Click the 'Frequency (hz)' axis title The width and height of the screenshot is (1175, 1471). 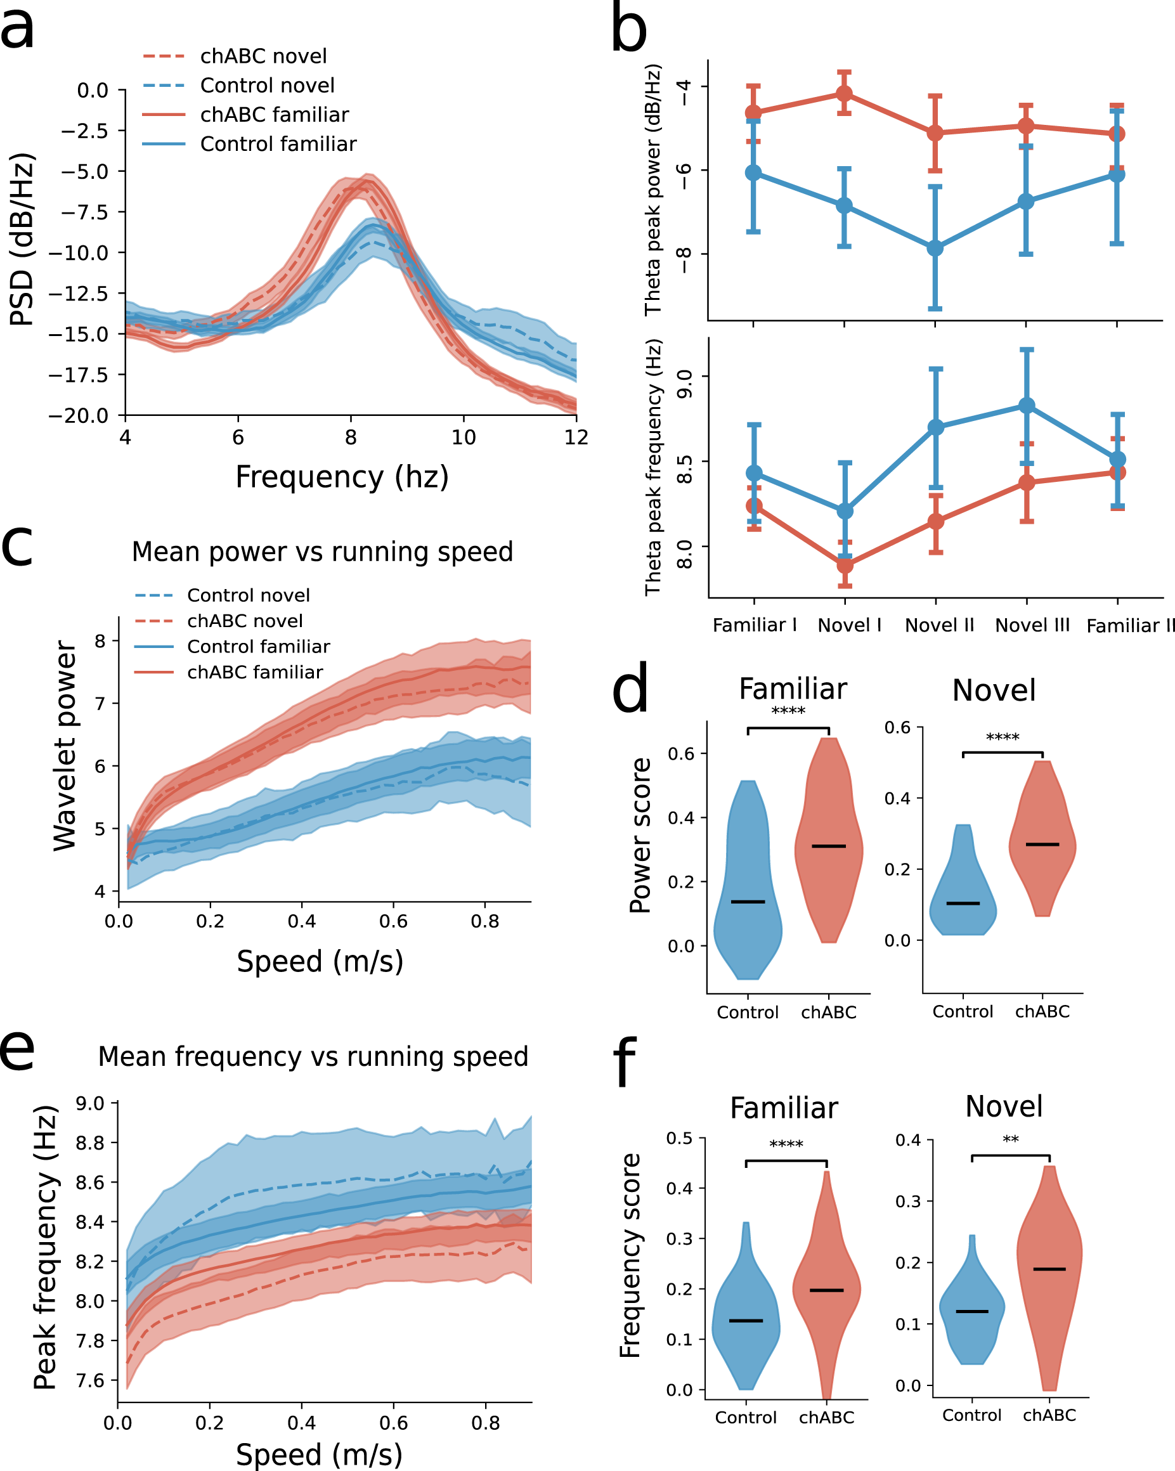[342, 477]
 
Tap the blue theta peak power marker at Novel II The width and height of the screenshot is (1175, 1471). [935, 249]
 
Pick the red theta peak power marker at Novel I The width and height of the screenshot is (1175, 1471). [845, 93]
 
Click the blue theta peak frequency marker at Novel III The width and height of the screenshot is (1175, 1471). [1027, 406]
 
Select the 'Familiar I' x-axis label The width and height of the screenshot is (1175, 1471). [755, 625]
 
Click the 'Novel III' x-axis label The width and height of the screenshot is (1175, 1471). [1032, 625]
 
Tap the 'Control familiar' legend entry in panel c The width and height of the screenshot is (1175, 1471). [258, 646]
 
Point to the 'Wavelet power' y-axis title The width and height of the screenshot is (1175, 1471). [65, 746]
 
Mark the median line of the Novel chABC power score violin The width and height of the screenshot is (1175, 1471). [1042, 845]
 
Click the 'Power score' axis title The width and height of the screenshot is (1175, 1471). [640, 836]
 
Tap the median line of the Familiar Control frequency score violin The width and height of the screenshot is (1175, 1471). [746, 1321]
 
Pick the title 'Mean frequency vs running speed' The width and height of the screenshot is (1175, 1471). [313, 1057]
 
